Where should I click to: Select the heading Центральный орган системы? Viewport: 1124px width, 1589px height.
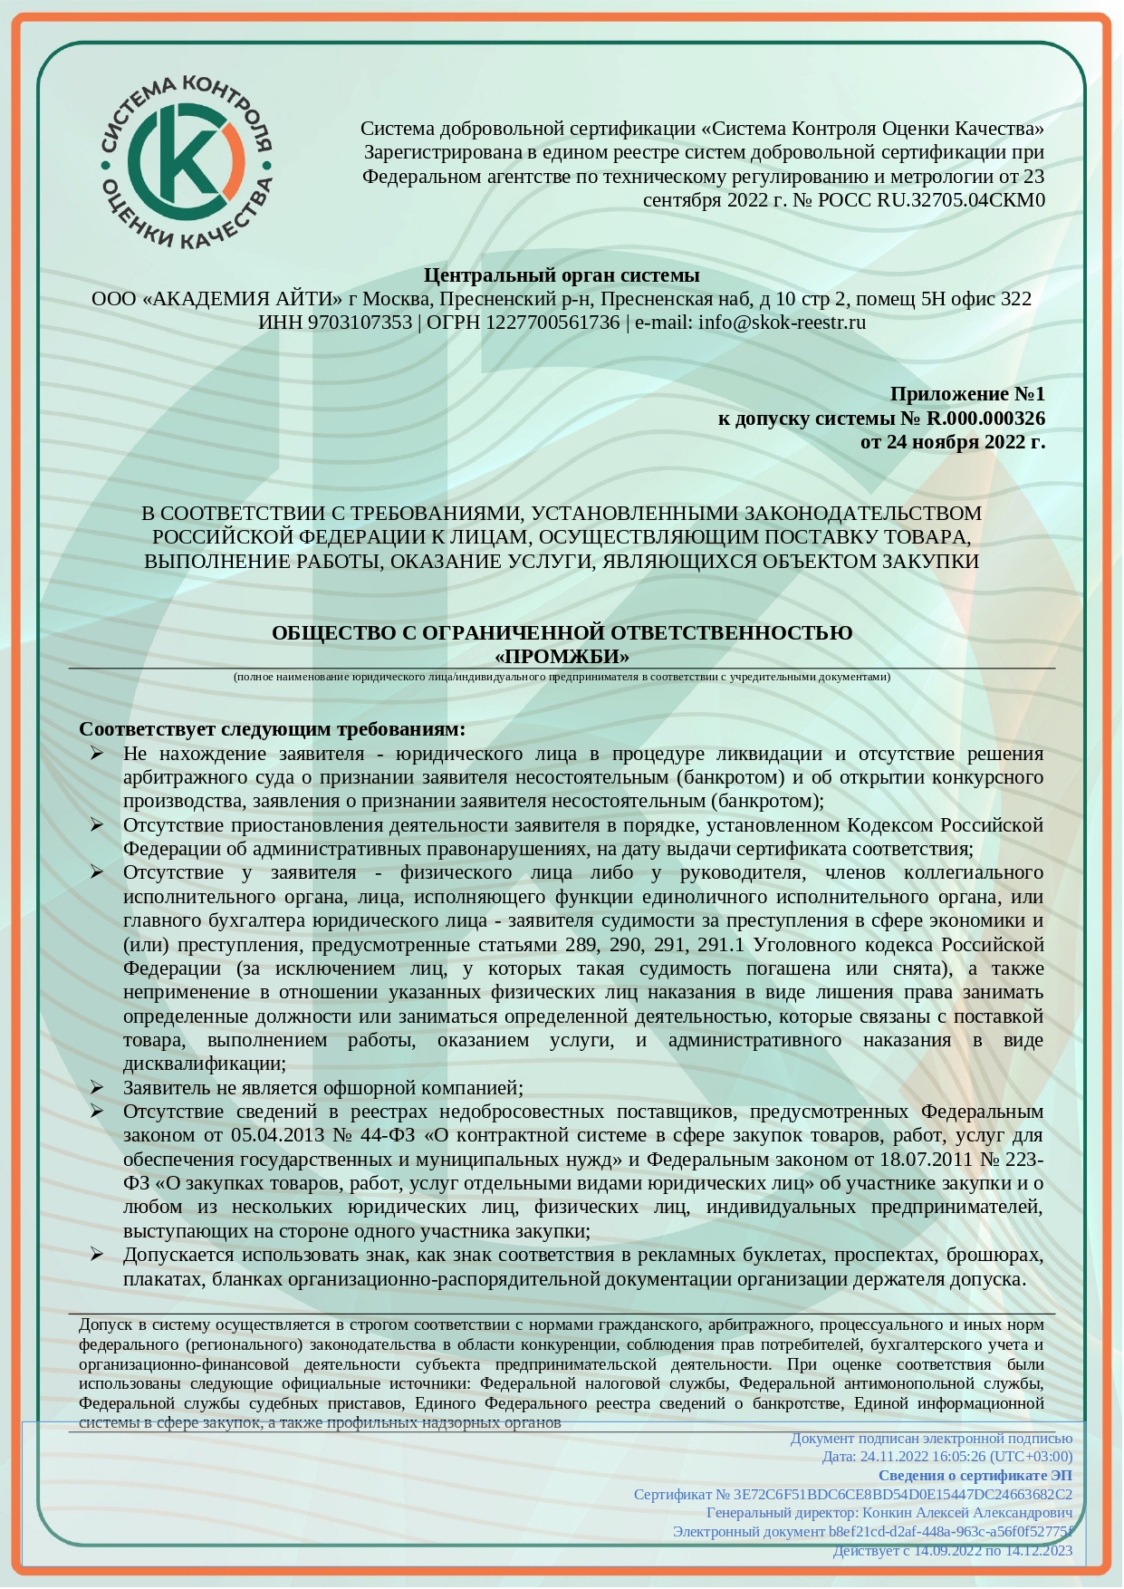pyautogui.click(x=562, y=274)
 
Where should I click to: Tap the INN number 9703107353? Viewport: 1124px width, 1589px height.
pyautogui.click(x=360, y=323)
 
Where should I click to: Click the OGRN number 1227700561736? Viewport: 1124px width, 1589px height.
pyautogui.click(x=552, y=323)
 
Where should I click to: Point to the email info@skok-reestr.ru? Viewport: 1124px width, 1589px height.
pyautogui.click(x=782, y=323)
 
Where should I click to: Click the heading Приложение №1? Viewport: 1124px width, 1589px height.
pyautogui.click(x=966, y=394)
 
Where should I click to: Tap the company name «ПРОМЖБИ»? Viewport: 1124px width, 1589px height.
pyautogui.click(x=562, y=656)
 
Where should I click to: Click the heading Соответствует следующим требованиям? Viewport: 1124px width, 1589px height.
pyautogui.click(x=272, y=729)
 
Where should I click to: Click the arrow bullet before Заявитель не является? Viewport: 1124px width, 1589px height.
pyautogui.click(x=97, y=1087)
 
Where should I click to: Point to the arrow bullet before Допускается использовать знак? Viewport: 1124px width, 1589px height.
pyautogui.click(x=97, y=1255)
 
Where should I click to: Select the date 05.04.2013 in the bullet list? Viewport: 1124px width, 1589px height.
pyautogui.click(x=279, y=1135)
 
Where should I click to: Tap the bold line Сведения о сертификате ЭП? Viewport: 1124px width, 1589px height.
pyautogui.click(x=975, y=1476)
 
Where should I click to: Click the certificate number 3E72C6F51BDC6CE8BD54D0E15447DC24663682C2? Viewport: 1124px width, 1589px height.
pyautogui.click(x=902, y=1494)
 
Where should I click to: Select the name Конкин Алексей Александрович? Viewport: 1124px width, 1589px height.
pyautogui.click(x=966, y=1513)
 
